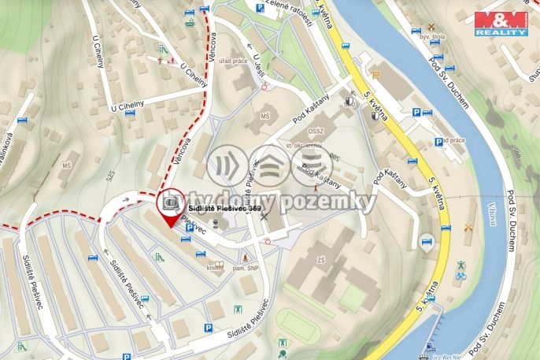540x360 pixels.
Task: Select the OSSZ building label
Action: [317, 132]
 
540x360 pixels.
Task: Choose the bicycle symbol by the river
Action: [461, 276]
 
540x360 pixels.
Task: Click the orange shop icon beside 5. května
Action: [375, 76]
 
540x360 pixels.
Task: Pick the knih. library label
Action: [213, 268]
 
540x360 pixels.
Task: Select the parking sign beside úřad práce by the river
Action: [438, 143]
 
